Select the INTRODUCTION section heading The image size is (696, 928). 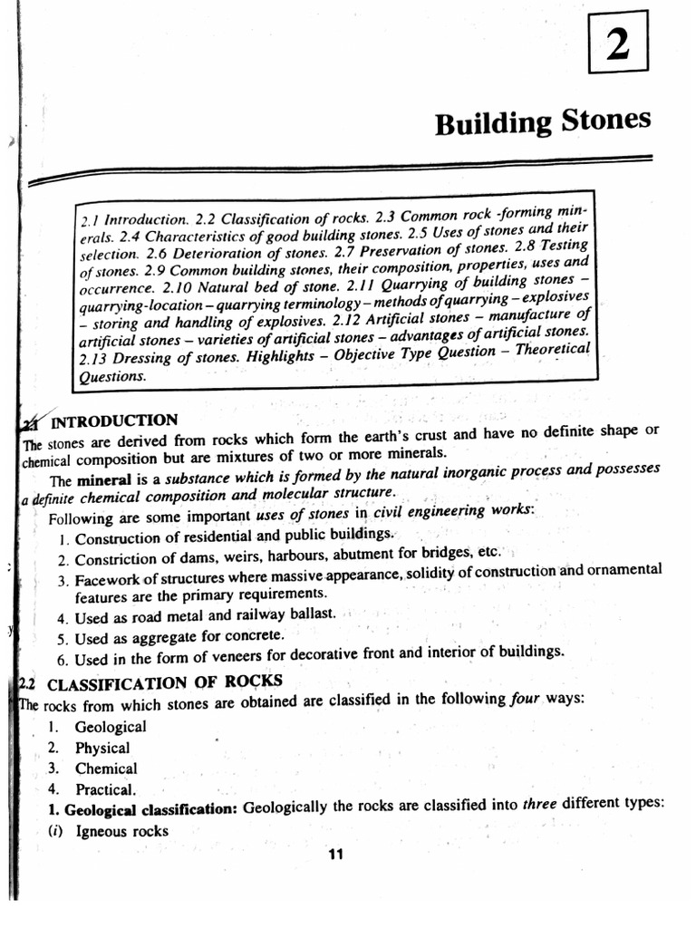(x=115, y=421)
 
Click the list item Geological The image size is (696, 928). (x=111, y=727)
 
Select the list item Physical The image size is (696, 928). (x=102, y=749)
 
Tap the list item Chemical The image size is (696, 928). (x=106, y=768)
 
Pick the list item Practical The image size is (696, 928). (x=105, y=789)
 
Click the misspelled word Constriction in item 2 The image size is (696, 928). (x=115, y=555)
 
